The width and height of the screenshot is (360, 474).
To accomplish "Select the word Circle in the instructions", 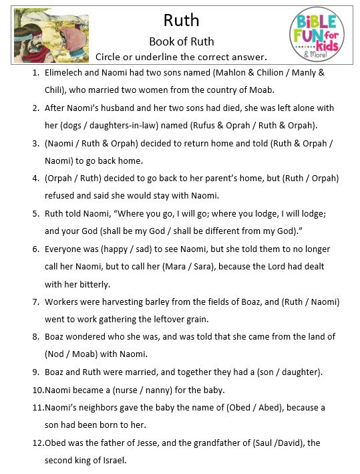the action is pos(111,56).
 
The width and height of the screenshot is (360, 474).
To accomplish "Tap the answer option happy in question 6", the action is pos(118,249).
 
